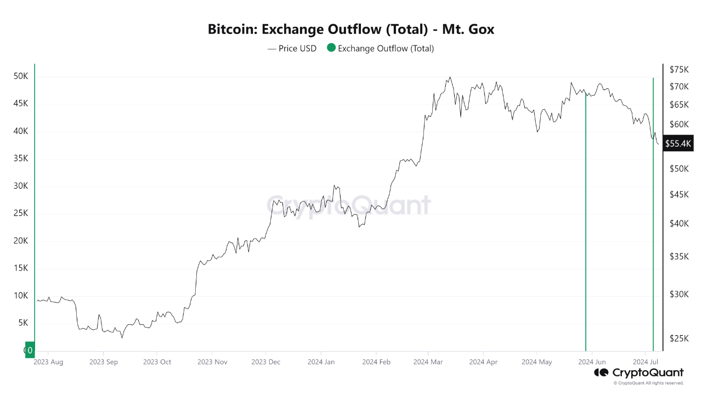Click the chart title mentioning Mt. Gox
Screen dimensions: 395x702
pos(351,29)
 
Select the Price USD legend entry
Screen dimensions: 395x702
pos(292,48)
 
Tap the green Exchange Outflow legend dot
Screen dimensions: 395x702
pos(331,48)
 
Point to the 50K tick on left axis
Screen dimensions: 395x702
pos(21,76)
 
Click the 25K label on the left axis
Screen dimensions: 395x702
pos(21,213)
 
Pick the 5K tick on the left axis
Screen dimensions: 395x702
pos(22,323)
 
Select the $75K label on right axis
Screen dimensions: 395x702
pos(678,69)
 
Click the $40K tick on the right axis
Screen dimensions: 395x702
pos(678,223)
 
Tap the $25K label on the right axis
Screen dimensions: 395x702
pos(678,338)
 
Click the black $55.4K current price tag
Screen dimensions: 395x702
pos(678,144)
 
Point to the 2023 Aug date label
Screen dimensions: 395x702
pos(48,362)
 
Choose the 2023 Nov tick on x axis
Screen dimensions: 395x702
pos(212,362)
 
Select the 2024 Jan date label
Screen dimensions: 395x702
pos(321,362)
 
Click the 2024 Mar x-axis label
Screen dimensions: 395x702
pos(428,362)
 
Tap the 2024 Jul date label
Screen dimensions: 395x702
pos(646,362)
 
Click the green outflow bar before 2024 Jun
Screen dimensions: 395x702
pos(586,219)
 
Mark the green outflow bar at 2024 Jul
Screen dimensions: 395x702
pos(653,219)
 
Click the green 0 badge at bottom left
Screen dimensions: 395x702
pos(30,350)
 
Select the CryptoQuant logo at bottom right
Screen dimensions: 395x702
pos(639,373)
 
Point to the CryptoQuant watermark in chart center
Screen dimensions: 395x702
pos(349,206)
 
